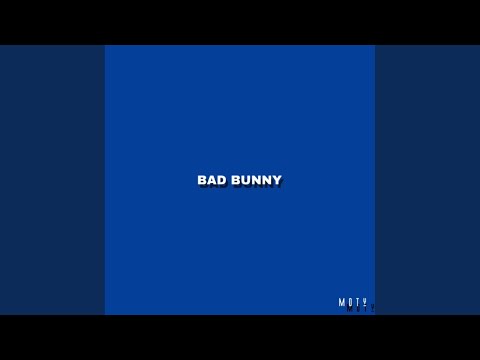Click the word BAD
point(212,180)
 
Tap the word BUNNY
point(257,180)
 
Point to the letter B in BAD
point(202,180)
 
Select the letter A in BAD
point(212,180)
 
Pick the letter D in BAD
point(222,180)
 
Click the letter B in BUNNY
point(236,180)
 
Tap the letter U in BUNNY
point(246,180)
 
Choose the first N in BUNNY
point(257,180)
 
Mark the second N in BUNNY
point(267,180)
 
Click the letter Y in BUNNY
point(277,180)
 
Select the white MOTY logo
point(353,302)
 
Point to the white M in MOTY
point(342,302)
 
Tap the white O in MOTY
point(350,302)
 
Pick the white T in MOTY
point(357,302)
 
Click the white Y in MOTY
point(364,302)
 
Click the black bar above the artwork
point(240,22)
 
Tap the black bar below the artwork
point(240,338)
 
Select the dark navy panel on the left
point(52,180)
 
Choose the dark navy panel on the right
point(427,180)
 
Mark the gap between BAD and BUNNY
point(229,180)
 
